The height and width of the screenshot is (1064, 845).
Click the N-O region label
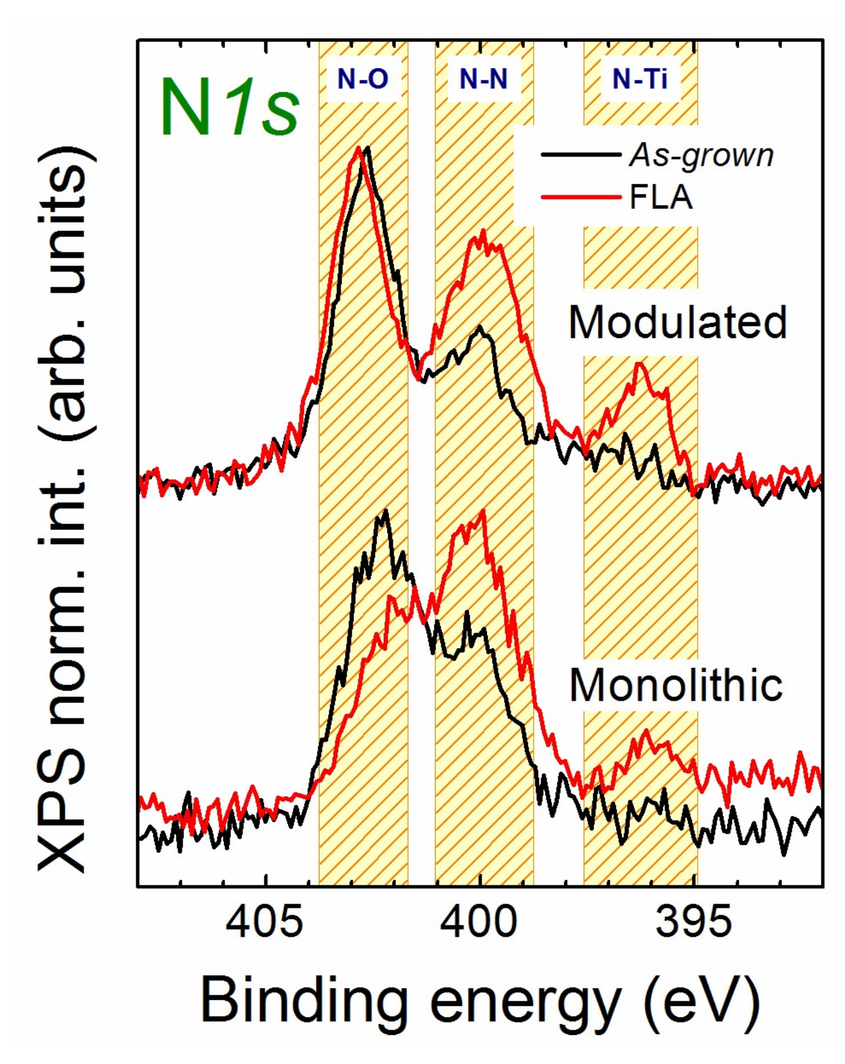click(x=363, y=79)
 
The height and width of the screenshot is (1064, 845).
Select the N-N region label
click(x=483, y=79)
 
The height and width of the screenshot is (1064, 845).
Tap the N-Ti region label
click(x=639, y=79)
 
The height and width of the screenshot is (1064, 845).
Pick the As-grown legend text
click(x=701, y=155)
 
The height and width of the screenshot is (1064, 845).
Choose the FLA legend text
click(x=661, y=198)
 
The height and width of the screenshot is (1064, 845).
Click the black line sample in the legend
click(x=581, y=154)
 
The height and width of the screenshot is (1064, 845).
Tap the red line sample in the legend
click(x=581, y=198)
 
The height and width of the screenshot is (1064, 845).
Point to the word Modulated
click(x=677, y=322)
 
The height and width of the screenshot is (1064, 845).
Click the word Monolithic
click(x=676, y=686)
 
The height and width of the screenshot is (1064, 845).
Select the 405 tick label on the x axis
click(x=265, y=922)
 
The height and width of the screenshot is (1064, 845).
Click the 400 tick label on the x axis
click(x=479, y=922)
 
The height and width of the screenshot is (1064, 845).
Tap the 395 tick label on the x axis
click(x=693, y=922)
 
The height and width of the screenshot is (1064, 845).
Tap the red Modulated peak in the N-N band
click(x=482, y=231)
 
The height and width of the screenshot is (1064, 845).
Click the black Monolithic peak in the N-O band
click(x=386, y=511)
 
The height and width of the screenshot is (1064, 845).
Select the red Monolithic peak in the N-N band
click(x=482, y=511)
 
